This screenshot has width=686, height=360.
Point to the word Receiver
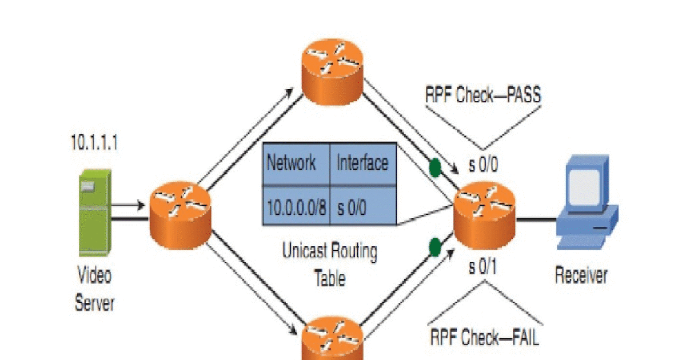[581, 276]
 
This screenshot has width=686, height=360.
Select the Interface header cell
[362, 163]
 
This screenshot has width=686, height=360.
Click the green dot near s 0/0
[436, 167]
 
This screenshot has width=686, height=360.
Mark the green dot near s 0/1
[435, 248]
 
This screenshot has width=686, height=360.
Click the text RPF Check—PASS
[483, 95]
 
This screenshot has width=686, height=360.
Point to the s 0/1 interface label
[483, 268]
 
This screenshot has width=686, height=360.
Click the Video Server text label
[94, 290]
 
